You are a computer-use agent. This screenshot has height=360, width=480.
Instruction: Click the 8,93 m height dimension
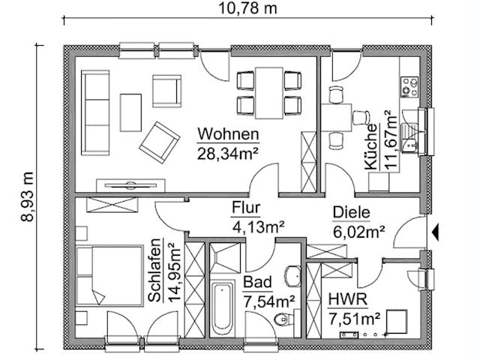(x=28, y=194)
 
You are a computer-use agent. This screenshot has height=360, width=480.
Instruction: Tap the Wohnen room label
(x=229, y=135)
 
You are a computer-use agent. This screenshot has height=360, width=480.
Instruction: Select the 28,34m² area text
(x=229, y=154)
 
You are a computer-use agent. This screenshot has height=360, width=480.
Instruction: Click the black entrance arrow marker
(x=434, y=232)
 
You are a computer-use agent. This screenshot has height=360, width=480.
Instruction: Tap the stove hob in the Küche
(x=409, y=87)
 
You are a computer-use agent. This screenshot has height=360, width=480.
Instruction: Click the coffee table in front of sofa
(x=130, y=112)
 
